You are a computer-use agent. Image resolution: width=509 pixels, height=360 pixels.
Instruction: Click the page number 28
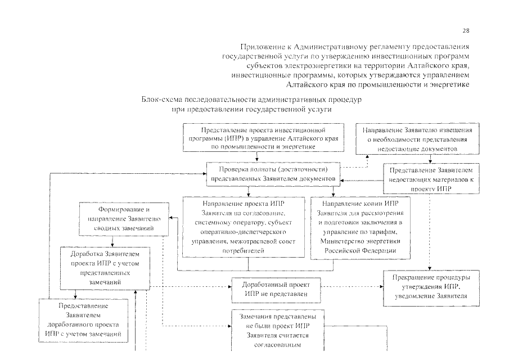pyautogui.click(x=465, y=30)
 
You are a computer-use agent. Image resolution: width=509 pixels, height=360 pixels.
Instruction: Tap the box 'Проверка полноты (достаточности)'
pyautogui.click(x=273, y=173)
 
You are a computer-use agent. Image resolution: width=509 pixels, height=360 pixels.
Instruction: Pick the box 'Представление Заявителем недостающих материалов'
pyautogui.click(x=432, y=179)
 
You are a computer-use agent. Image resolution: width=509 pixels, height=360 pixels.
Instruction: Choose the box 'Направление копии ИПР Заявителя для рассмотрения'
pyautogui.click(x=353, y=227)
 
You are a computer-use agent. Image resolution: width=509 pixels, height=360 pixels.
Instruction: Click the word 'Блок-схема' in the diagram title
pyautogui.click(x=162, y=100)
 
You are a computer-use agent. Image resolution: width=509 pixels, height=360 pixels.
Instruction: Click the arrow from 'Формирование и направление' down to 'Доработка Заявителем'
pyautogui.click(x=113, y=241)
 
